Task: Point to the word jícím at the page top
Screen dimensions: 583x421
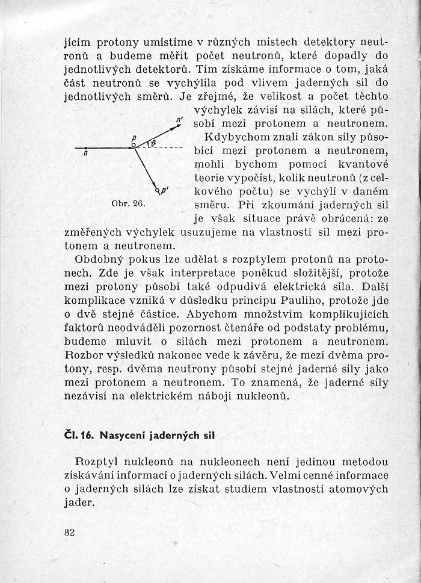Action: coord(76,43)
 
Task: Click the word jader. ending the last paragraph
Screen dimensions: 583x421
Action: coord(79,503)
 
